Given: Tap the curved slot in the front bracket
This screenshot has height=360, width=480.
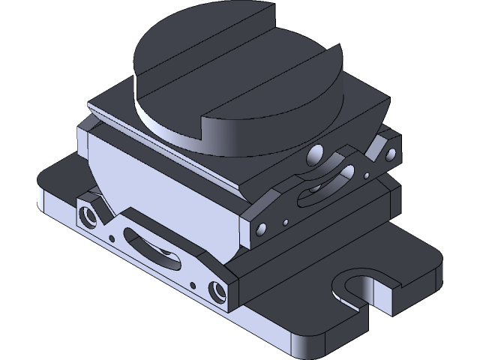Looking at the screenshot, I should coord(154,248).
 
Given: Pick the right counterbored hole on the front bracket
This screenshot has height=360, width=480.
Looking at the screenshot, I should coord(218,289).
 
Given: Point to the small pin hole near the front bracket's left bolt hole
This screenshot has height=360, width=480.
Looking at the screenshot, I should coord(112,238).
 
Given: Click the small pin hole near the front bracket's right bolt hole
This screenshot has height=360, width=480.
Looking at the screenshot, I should coord(193,285).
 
